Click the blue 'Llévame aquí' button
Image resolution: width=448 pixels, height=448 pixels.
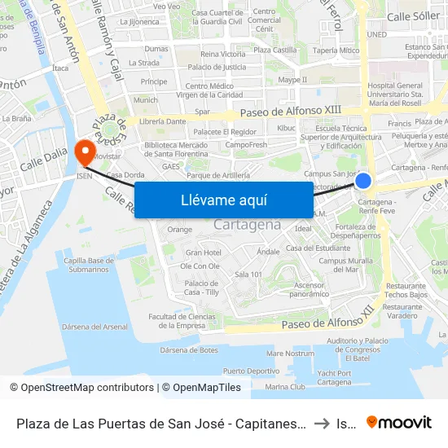[x=223, y=200]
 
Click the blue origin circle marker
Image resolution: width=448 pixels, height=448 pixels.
[x=363, y=182]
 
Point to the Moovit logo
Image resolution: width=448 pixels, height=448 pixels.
[x=398, y=422]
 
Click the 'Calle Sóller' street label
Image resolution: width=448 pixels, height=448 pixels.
[x=413, y=15]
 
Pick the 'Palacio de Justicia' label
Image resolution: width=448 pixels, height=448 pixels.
[x=217, y=67]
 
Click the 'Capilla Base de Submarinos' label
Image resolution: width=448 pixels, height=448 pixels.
[x=90, y=265]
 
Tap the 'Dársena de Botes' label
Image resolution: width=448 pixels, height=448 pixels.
[x=189, y=350]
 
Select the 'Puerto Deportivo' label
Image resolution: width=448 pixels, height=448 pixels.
[x=251, y=370]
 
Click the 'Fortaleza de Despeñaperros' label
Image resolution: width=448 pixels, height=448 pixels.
[x=358, y=231]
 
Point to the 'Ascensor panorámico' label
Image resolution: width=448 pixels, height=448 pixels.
[x=309, y=289]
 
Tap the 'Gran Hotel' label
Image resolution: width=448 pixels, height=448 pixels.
[x=203, y=253]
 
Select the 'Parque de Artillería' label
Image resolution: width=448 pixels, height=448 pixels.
[x=217, y=175]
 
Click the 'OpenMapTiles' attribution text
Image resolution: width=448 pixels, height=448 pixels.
[x=204, y=388]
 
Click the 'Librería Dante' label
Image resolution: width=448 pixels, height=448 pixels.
[x=163, y=121]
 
